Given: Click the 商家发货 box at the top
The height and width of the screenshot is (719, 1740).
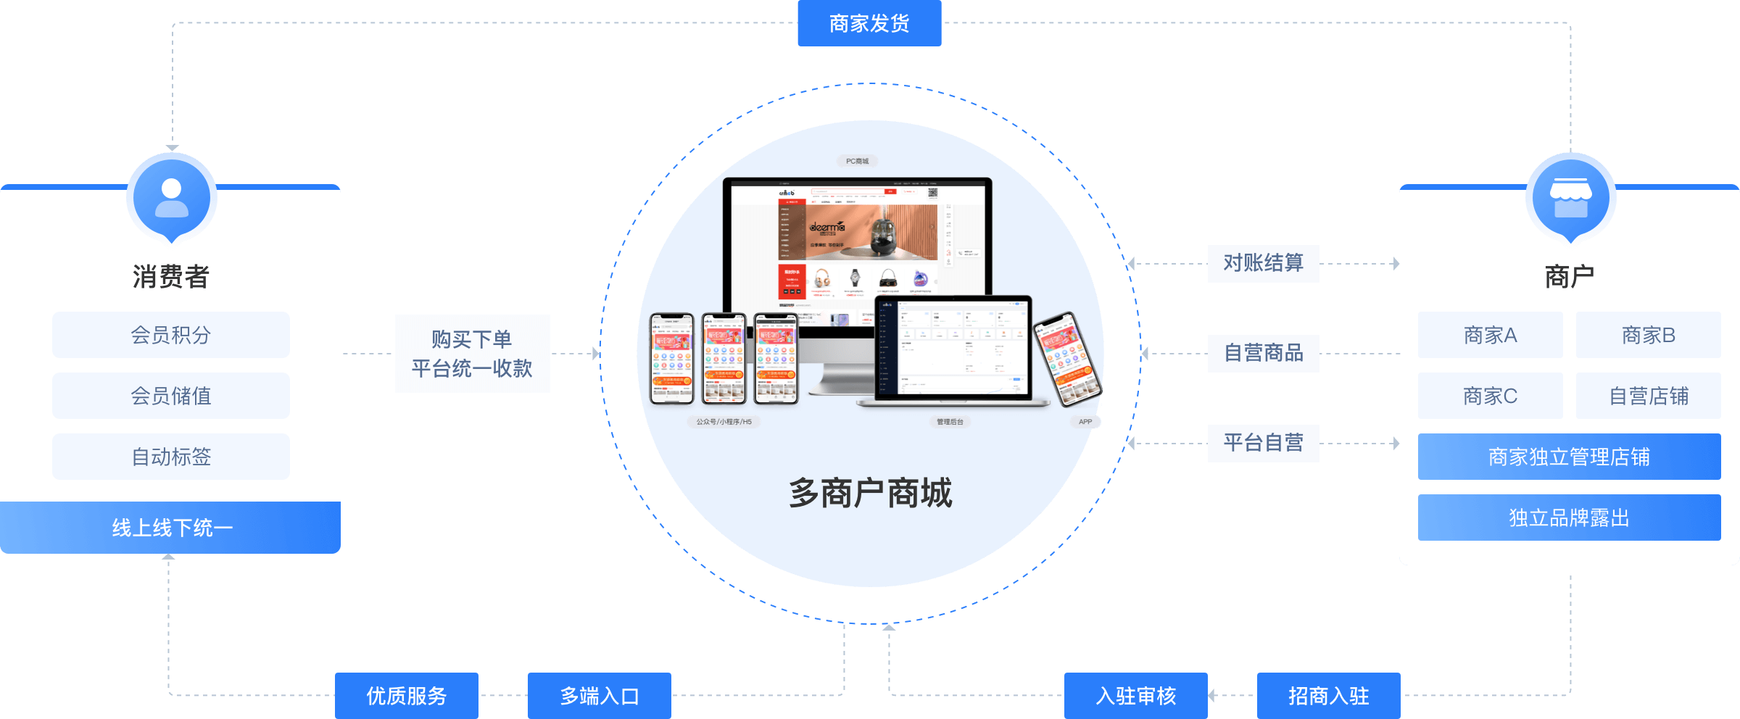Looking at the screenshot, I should point(869,23).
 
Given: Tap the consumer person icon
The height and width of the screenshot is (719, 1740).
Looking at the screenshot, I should point(172,197).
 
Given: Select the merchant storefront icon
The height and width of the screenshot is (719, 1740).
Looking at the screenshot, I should point(1570,197).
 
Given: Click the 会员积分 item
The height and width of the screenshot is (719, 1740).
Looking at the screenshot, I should point(171,335).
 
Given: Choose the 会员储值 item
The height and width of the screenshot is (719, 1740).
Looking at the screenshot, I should point(171,396).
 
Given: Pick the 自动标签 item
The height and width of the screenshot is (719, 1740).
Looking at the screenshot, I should point(171,457).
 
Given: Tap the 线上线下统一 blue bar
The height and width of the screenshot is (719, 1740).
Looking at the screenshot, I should point(171,528).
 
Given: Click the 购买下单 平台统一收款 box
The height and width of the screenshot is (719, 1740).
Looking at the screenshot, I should point(472,354).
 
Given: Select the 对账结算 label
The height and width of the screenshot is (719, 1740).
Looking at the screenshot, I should point(1263,263).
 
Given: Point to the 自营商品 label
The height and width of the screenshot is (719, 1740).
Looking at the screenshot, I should point(1263,353).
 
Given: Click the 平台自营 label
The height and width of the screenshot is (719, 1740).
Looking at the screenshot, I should point(1263,443).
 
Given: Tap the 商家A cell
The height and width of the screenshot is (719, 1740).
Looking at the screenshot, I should point(1490,335).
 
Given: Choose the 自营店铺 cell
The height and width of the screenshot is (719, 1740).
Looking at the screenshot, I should point(1649,396).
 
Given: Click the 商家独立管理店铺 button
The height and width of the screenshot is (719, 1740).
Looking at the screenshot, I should point(1569,457).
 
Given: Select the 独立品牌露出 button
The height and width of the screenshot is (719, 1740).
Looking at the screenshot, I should point(1569,518).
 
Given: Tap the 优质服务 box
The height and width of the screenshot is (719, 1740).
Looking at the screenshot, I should point(406,696).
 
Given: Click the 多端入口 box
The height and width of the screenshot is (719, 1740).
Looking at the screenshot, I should point(599,696).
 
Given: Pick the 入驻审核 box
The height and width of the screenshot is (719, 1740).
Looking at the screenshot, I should point(1135,696).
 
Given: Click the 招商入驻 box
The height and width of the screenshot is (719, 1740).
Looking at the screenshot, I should point(1328,696).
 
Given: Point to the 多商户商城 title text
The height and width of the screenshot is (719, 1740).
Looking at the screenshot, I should point(870,493).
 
